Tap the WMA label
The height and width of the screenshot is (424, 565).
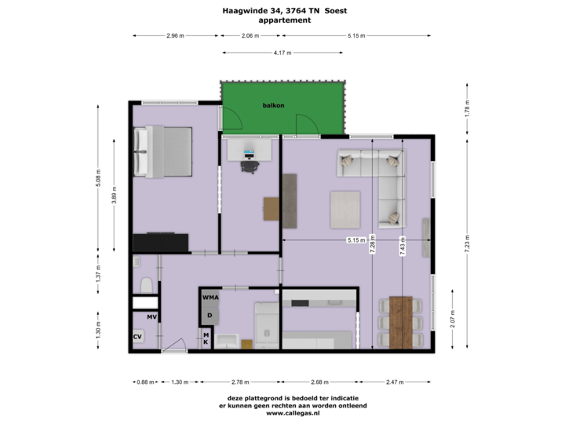210,298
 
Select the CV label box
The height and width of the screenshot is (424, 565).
137,336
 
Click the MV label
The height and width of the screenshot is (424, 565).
152,316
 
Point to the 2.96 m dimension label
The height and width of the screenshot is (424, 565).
175,36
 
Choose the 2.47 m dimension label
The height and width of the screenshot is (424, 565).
395,382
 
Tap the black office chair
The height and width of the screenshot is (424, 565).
250,163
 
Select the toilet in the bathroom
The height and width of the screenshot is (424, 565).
145,283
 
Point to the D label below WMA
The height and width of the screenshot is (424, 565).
210,316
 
